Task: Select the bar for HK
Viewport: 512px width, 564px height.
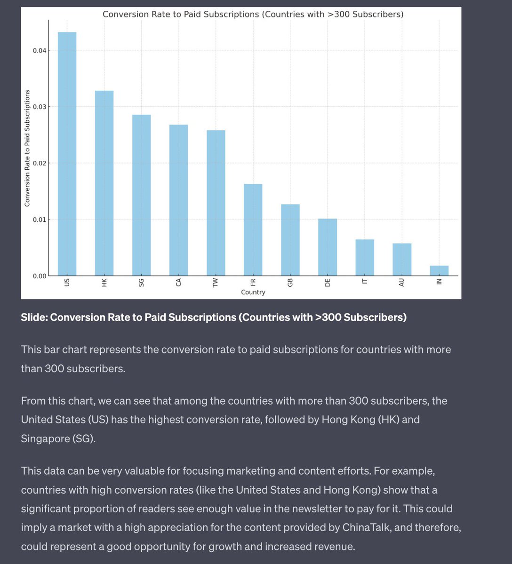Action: [104, 183]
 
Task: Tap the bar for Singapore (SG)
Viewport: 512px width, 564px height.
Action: [141, 195]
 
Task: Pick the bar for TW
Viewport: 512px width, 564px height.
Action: [216, 203]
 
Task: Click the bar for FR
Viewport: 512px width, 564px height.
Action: [253, 230]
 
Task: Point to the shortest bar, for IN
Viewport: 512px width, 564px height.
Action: [439, 271]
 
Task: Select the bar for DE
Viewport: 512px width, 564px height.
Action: [328, 247]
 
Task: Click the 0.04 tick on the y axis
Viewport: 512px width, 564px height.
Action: [40, 50]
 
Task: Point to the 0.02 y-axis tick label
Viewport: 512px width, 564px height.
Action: [40, 163]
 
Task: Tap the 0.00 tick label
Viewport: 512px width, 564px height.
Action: [40, 276]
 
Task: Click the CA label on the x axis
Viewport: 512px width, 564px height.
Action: [178, 282]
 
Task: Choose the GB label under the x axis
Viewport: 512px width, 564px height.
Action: [290, 282]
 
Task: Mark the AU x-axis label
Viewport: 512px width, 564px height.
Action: [402, 282]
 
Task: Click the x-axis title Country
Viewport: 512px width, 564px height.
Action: [253, 292]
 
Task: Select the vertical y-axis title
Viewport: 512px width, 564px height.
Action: [27, 148]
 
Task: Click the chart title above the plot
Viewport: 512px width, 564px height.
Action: [253, 14]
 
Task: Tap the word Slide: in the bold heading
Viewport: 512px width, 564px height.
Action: [34, 317]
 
